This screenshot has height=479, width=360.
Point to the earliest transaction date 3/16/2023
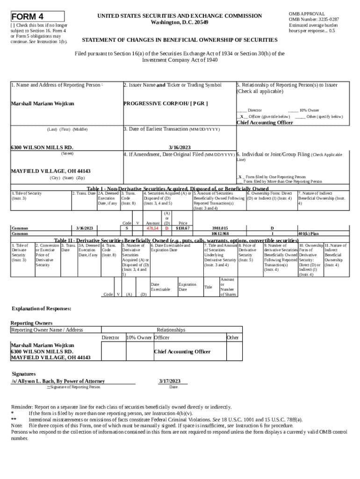pyautogui.click(x=180, y=147)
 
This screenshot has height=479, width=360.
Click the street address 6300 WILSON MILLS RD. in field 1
pyautogui.click(x=42, y=147)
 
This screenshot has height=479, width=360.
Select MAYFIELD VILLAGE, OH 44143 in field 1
pyautogui.click(x=50, y=171)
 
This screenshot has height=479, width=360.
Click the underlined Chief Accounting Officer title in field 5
pyautogui.click(x=265, y=123)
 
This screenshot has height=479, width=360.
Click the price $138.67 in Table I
pyautogui.click(x=182, y=228)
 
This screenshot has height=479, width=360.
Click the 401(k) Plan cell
pyautogui.click(x=309, y=233)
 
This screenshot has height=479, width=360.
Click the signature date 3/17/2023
pyautogui.click(x=170, y=381)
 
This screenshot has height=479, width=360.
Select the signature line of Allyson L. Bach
pyautogui.click(x=58, y=381)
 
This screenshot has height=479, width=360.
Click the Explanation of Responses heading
pyautogui.click(x=42, y=309)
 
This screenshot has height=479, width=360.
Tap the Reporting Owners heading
pyautogui.click(x=32, y=323)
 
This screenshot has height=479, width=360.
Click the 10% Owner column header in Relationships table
pyautogui.click(x=139, y=337)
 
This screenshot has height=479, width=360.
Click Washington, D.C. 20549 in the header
pyautogui.click(x=180, y=22)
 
